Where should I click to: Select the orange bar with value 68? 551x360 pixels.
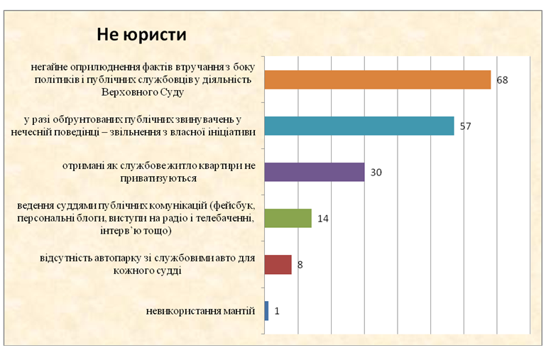click(x=377, y=80)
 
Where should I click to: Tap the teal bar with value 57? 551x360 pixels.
click(x=359, y=126)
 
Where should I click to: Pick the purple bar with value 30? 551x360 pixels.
click(x=314, y=172)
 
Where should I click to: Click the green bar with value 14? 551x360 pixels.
click(x=288, y=218)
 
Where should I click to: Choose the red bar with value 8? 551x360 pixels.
click(x=278, y=264)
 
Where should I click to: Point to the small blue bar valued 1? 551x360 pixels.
click(x=266, y=310)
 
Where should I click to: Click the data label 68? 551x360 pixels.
click(x=502, y=80)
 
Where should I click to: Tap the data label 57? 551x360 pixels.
click(x=465, y=126)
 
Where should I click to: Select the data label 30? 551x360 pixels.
click(x=376, y=173)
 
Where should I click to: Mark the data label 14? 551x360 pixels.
click(x=323, y=219)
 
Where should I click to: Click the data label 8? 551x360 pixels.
click(x=300, y=265)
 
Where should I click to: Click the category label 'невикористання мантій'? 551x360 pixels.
click(x=201, y=310)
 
